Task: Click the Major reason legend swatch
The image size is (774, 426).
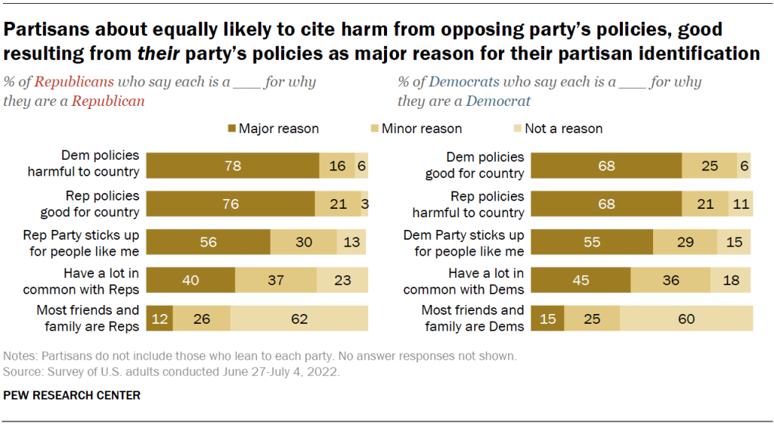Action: tap(231, 129)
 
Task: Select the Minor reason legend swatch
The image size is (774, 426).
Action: tap(374, 129)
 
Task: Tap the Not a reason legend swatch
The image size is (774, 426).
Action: tap(518, 129)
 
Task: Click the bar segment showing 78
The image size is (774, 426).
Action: tap(233, 165)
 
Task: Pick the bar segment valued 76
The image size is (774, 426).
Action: tap(231, 204)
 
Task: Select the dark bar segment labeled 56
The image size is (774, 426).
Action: tap(208, 242)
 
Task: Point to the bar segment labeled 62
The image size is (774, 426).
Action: tap(299, 319)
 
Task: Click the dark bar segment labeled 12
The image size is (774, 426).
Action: tap(159, 319)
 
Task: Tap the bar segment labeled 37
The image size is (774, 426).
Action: tap(276, 281)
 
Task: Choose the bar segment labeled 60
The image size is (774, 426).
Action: tap(686, 319)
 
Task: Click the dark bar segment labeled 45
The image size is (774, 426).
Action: tap(581, 281)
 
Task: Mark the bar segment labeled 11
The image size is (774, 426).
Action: tap(741, 204)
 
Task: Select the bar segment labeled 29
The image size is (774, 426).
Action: tap(685, 242)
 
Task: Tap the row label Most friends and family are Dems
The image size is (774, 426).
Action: tap(474, 319)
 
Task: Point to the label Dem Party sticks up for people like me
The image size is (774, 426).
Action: tap(464, 242)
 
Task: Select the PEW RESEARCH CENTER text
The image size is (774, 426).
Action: tap(72, 395)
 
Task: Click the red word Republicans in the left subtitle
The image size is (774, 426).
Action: tap(74, 82)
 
